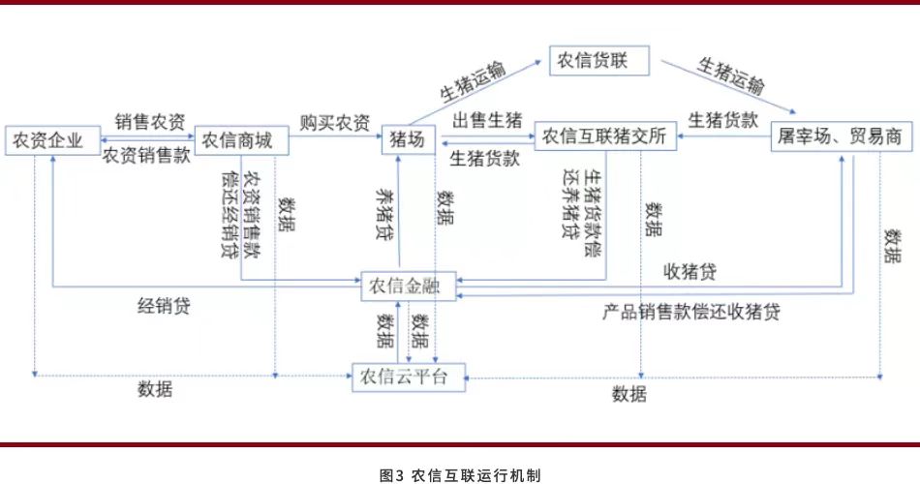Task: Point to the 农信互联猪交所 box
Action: tap(604, 137)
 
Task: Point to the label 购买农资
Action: tap(334, 122)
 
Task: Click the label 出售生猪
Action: tap(487, 121)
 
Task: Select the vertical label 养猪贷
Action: tap(384, 213)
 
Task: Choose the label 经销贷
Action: tap(164, 307)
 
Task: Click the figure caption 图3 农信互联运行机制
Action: tap(460, 474)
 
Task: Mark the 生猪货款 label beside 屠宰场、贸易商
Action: tap(722, 121)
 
